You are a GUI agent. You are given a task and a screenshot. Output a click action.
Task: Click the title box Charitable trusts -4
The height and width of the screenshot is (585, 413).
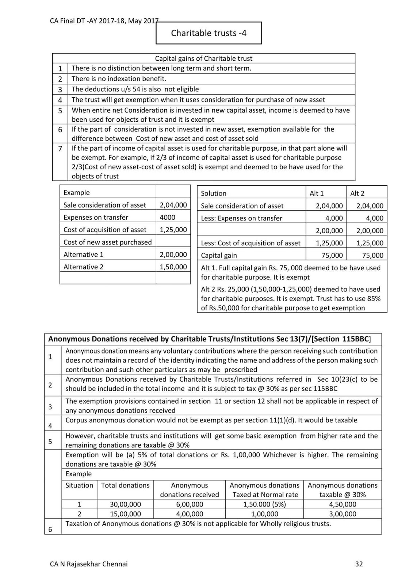pyautogui.click(x=209, y=33)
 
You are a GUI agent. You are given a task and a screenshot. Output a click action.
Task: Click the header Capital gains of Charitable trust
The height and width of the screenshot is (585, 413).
pyautogui.click(x=203, y=58)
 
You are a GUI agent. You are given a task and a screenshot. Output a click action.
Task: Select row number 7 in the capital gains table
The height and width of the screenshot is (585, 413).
pyautogui.click(x=60, y=148)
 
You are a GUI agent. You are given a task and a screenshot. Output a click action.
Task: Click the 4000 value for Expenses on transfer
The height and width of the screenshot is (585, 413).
pyautogui.click(x=168, y=217)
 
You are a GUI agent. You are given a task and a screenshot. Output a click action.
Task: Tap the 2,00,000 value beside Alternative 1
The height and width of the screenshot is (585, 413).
pyautogui.click(x=173, y=254)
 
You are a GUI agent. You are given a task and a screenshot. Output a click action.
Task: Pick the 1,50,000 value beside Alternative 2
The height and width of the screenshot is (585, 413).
pyautogui.click(x=173, y=267)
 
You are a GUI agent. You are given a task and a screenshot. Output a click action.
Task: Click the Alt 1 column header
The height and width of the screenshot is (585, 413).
pyautogui.click(x=317, y=193)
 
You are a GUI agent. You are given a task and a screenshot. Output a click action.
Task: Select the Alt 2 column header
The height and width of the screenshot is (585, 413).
pyautogui.click(x=357, y=193)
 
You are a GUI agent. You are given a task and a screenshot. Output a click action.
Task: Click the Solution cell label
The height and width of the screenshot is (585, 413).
pyautogui.click(x=214, y=193)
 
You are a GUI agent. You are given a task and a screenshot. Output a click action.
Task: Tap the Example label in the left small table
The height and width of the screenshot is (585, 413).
pyautogui.click(x=77, y=193)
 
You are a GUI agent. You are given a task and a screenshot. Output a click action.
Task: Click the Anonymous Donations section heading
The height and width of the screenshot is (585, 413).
pyautogui.click(x=209, y=339)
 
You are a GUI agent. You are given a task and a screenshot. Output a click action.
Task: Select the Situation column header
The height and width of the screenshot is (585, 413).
pyautogui.click(x=79, y=486)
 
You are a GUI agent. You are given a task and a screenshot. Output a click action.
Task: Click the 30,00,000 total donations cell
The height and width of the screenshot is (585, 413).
pyautogui.click(x=125, y=504)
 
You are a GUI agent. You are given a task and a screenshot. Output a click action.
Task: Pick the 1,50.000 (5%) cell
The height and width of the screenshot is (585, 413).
pyautogui.click(x=264, y=504)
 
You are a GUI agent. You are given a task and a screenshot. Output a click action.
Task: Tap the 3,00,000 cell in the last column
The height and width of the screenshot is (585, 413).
pyautogui.click(x=342, y=514)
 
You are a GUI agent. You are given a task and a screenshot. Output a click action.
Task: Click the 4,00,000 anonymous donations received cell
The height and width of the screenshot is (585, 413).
pyautogui.click(x=189, y=514)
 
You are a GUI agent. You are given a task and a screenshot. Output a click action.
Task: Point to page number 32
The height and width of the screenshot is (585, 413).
pyautogui.click(x=359, y=564)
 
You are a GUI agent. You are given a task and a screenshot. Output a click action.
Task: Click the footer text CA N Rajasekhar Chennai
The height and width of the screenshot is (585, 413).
pyautogui.click(x=89, y=564)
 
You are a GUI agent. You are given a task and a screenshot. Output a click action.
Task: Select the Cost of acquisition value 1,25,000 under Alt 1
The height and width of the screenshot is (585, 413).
pyautogui.click(x=329, y=243)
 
